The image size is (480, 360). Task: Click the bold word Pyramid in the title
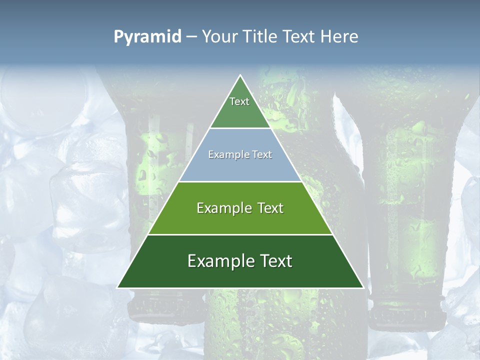tap(147, 37)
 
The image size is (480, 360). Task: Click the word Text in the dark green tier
tap(273, 261)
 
